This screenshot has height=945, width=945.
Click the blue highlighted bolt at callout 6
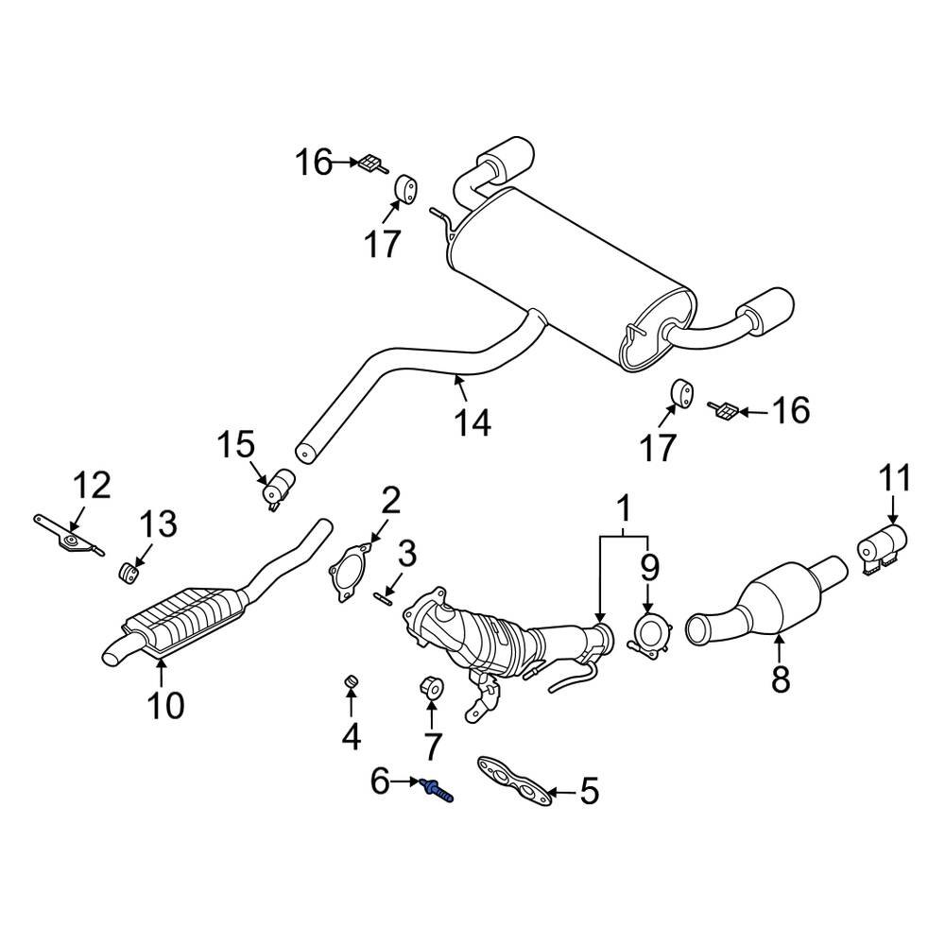coord(438,787)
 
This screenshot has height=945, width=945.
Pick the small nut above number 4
coord(350,680)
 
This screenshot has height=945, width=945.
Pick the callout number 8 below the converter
coord(780,678)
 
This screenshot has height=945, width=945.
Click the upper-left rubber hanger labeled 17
coord(406,187)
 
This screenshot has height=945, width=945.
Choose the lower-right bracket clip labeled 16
coord(726,410)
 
